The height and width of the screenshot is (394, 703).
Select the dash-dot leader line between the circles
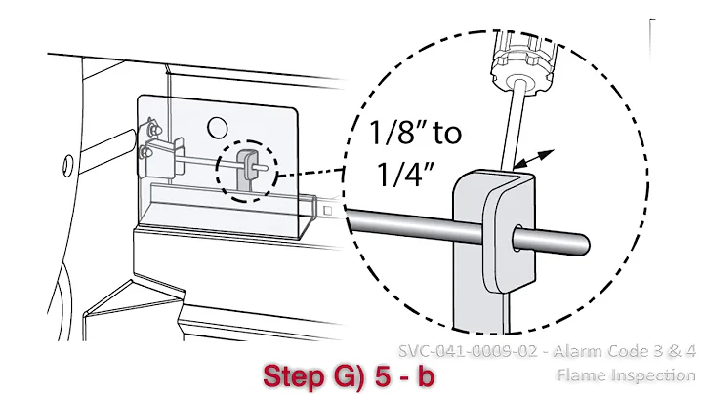310,175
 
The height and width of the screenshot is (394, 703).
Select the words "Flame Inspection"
625,374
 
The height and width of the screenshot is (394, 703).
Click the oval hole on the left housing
66,161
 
